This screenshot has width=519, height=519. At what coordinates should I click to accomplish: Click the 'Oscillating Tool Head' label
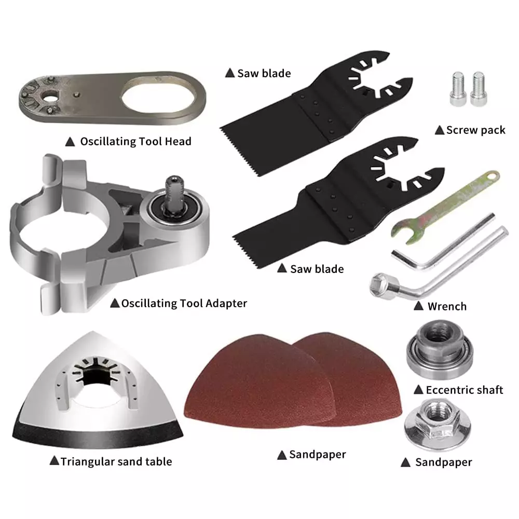pyautogui.click(x=135, y=142)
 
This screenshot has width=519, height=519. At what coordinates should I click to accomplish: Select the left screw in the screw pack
pyautogui.click(x=458, y=89)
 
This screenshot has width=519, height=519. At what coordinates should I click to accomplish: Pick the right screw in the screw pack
pyautogui.click(x=479, y=89)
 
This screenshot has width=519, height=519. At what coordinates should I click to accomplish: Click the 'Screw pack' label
pyautogui.click(x=475, y=130)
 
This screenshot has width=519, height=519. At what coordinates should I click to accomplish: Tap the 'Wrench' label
pyautogui.click(x=447, y=307)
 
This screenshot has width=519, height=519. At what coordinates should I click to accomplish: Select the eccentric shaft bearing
pyautogui.click(x=440, y=349)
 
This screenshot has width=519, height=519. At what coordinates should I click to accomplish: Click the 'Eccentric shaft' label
pyautogui.click(x=465, y=390)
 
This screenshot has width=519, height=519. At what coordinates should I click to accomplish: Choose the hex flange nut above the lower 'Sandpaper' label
pyautogui.click(x=437, y=422)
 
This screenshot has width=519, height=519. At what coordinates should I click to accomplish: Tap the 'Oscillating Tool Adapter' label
pyautogui.click(x=184, y=304)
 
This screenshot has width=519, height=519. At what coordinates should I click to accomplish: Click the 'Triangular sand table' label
pyautogui.click(x=116, y=461)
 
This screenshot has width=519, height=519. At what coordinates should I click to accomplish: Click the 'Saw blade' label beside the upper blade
pyautogui.click(x=264, y=74)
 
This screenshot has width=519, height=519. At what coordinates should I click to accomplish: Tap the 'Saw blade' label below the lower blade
pyautogui.click(x=317, y=269)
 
